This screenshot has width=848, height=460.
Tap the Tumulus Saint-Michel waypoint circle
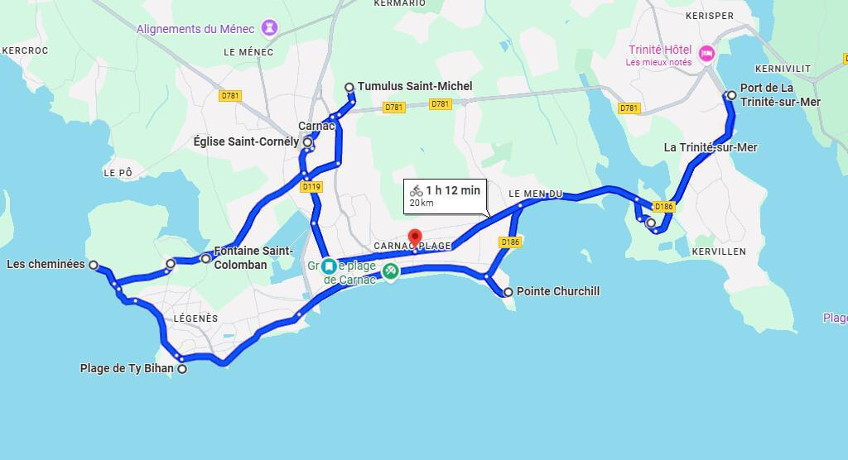coord(349,87)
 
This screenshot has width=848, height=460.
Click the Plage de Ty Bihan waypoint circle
coord(182,369)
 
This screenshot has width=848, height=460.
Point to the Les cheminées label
coord(46,264)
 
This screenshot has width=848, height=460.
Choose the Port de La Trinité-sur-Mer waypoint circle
coord(731,95)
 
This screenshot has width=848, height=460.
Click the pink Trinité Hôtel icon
coord(706,55)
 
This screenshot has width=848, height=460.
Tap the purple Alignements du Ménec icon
coord(270,29)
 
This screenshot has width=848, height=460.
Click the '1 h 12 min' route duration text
coord(453,190)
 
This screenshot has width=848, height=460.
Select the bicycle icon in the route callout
coord(417,191)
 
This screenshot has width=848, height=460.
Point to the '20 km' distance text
coord(422,204)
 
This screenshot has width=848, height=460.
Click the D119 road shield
coord(311,187)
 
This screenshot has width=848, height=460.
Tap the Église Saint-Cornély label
coord(246,141)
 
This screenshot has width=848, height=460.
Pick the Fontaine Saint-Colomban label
coord(253,257)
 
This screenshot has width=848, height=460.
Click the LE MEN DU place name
coord(535,194)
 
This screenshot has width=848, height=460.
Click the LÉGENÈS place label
coord(196,319)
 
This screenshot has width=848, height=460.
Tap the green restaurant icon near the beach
coord(390,270)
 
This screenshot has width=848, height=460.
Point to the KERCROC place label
coord(26,50)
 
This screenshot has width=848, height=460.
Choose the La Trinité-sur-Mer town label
coord(711,147)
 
